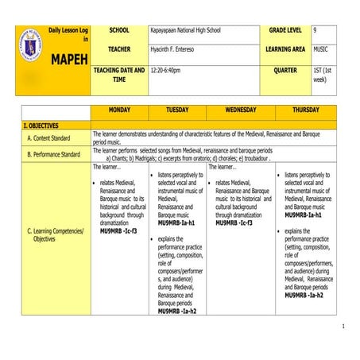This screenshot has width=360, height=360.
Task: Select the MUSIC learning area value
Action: coord(320,49)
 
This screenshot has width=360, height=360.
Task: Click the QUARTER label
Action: coord(285,70)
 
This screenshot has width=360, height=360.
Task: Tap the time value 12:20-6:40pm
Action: coord(165,70)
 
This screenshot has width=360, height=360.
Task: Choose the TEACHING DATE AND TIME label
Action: coord(119,75)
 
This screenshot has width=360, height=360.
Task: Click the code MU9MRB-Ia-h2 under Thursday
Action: coord(304,295)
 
